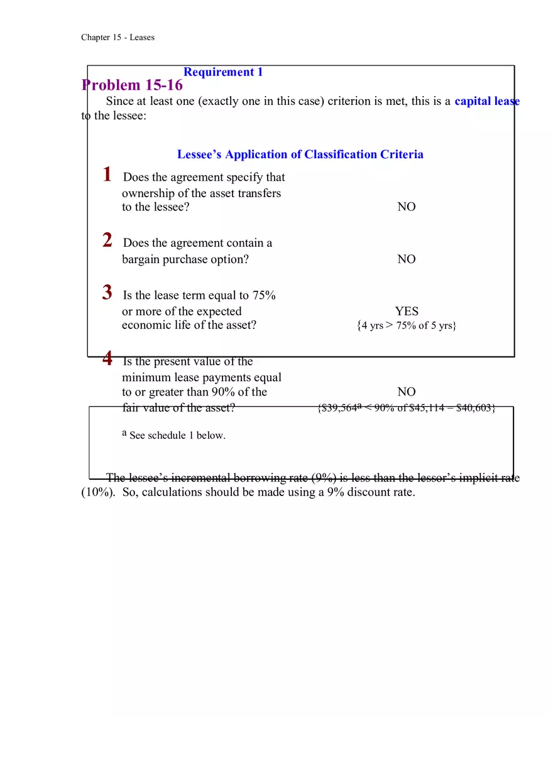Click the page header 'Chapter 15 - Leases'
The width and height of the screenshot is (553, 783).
coord(118,38)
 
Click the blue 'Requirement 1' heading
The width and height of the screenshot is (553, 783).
coord(223,72)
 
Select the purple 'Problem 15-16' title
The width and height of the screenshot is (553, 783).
coord(132,85)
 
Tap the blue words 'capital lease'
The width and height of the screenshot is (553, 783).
coord(486,101)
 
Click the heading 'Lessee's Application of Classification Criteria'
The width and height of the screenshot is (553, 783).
coord(300,154)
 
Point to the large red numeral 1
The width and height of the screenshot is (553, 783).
coord(107,175)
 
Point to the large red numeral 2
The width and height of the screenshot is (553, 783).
coord(107,240)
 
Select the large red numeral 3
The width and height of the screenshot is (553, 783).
coord(107,293)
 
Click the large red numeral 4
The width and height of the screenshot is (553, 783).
coord(107,359)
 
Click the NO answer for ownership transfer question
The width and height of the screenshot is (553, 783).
coord(406,207)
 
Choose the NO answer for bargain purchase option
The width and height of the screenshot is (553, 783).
coord(406,259)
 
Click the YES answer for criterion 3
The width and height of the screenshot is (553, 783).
coord(406,311)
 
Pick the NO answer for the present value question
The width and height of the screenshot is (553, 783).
coord(406,392)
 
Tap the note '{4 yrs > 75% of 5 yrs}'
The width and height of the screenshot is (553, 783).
coord(406,326)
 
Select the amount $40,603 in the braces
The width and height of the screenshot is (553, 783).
coord(475,408)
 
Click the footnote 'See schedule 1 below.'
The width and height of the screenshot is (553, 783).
coord(177,436)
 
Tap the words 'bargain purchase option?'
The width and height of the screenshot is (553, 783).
coord(185,259)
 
